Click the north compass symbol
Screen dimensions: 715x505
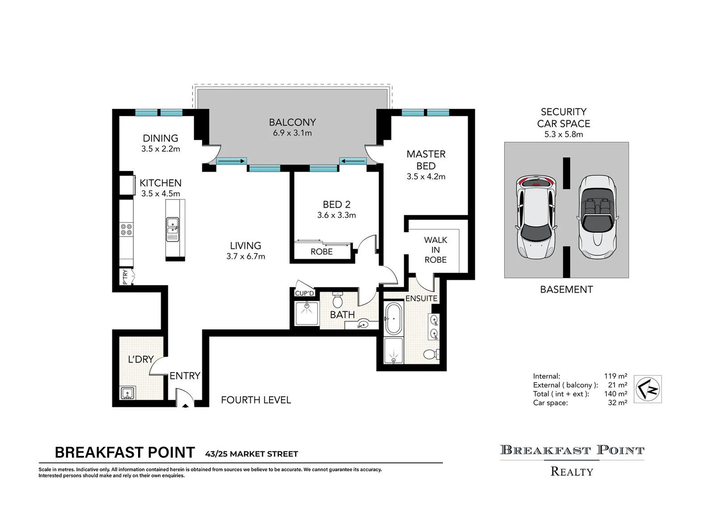[x=648, y=389]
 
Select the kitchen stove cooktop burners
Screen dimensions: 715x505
[x=126, y=230]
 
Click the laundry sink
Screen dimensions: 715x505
[x=128, y=393]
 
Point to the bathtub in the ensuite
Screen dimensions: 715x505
[x=394, y=318]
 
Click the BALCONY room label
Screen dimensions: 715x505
[x=292, y=122]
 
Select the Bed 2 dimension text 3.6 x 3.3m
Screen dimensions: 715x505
[x=336, y=215]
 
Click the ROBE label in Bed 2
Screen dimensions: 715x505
[x=322, y=252]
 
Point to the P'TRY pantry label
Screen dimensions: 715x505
[x=125, y=277]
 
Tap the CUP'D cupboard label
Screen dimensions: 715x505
[x=304, y=293]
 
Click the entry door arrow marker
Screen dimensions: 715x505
[x=185, y=405]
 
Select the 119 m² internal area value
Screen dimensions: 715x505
[x=615, y=376]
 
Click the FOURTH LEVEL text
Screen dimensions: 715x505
[x=256, y=400]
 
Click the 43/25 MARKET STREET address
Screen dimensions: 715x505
[x=252, y=454]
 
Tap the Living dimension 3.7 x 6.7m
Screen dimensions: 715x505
[x=245, y=256]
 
